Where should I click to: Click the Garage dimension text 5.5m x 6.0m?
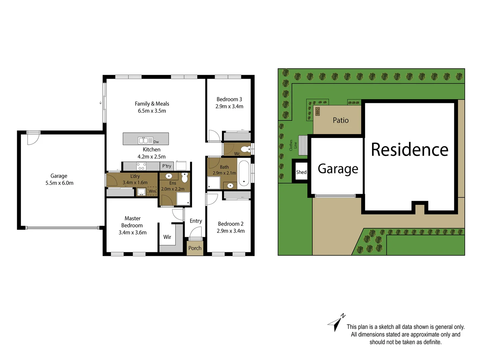tap(59, 183)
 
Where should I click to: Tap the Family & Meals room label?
tap(152, 104)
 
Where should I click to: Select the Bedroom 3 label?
tap(229, 99)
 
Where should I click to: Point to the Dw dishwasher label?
tap(156, 142)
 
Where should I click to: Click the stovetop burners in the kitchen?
tap(141, 166)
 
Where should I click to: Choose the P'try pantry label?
tap(167, 166)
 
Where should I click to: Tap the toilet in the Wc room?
tap(246, 149)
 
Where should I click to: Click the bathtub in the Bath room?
tap(244, 173)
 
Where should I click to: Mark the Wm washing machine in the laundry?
tap(152, 191)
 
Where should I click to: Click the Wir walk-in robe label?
tap(167, 237)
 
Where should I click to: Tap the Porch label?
tap(195, 248)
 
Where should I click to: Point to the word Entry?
tap(196, 221)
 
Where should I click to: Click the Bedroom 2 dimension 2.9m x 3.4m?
tap(231, 231)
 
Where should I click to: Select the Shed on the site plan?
tap(301, 172)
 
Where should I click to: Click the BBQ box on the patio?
tap(317, 111)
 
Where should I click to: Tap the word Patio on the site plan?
tap(340, 120)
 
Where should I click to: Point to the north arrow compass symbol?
tap(337, 322)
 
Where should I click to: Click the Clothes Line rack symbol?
tap(302, 145)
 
